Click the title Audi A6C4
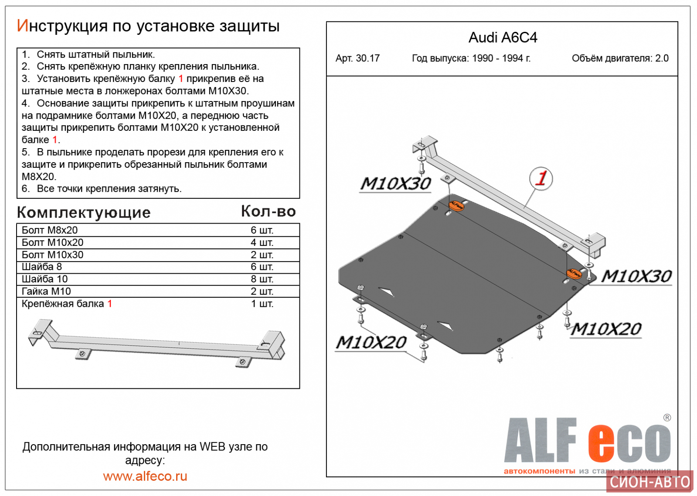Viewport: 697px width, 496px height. click(503, 38)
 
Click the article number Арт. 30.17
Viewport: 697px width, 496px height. click(357, 58)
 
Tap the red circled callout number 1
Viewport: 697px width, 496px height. click(541, 178)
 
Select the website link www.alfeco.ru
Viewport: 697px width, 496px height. click(145, 476)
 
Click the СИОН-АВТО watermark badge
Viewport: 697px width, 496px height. click(649, 482)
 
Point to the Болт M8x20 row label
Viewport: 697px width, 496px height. click(50, 230)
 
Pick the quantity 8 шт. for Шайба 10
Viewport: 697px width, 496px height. click(262, 279)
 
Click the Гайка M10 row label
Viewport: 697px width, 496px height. click(46, 291)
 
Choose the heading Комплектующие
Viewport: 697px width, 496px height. click(84, 212)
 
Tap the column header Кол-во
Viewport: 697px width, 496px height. click(268, 211)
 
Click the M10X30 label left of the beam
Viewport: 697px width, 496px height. click(396, 184)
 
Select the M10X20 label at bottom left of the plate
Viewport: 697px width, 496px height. click(371, 343)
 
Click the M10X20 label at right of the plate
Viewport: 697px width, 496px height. click(606, 329)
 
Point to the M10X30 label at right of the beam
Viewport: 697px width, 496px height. click(636, 276)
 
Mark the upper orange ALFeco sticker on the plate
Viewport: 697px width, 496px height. click(456, 205)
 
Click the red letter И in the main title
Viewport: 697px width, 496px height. click(22, 26)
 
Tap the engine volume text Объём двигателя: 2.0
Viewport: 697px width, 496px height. click(620, 58)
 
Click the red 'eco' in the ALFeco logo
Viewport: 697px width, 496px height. click(629, 442)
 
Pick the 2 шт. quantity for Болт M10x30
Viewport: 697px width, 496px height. click(262, 255)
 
